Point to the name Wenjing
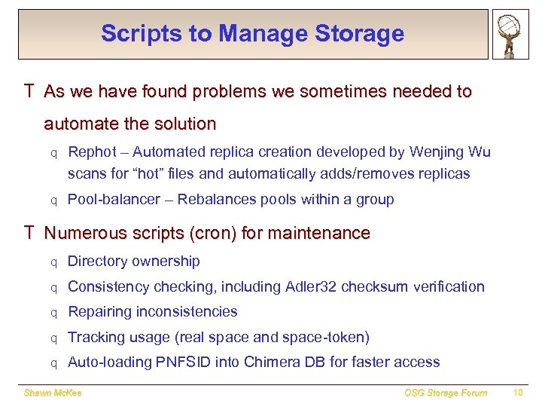(x=437, y=152)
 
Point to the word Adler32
(x=313, y=287)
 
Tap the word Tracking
(x=95, y=338)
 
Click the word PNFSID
(x=180, y=363)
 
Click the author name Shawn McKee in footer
(x=53, y=393)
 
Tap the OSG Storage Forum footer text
(x=446, y=393)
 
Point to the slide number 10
(x=517, y=393)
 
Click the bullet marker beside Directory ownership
(x=53, y=263)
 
